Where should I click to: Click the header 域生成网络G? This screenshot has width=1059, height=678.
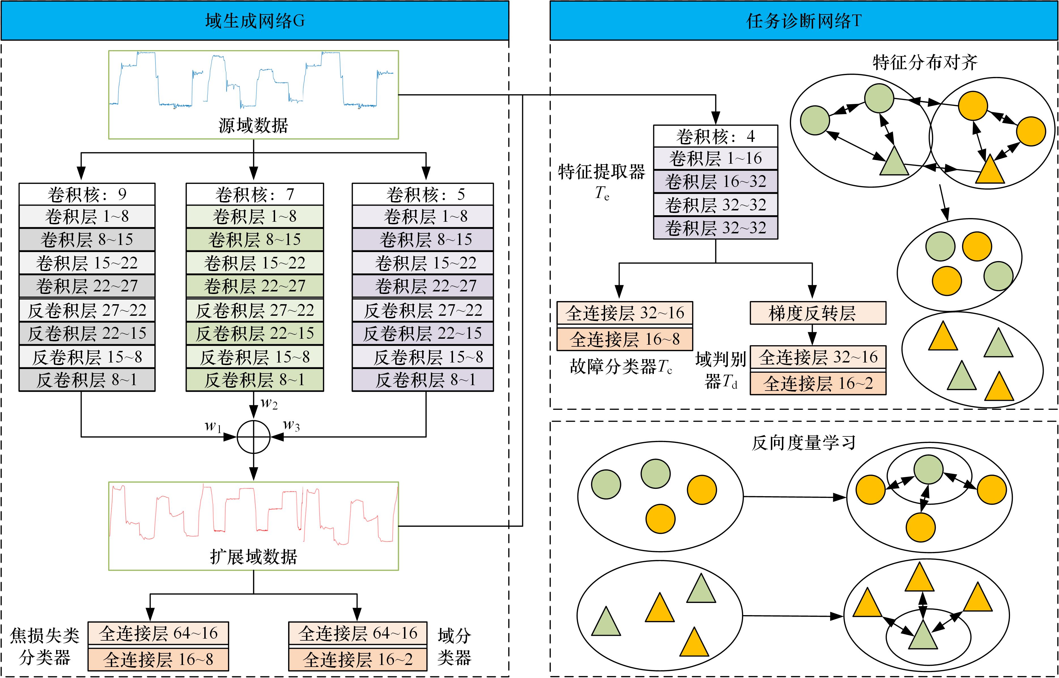coord(254,21)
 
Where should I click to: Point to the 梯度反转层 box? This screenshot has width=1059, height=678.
coord(818,313)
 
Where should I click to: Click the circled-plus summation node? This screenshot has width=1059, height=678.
coord(254,437)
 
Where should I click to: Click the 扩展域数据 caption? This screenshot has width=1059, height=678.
coord(254,557)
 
